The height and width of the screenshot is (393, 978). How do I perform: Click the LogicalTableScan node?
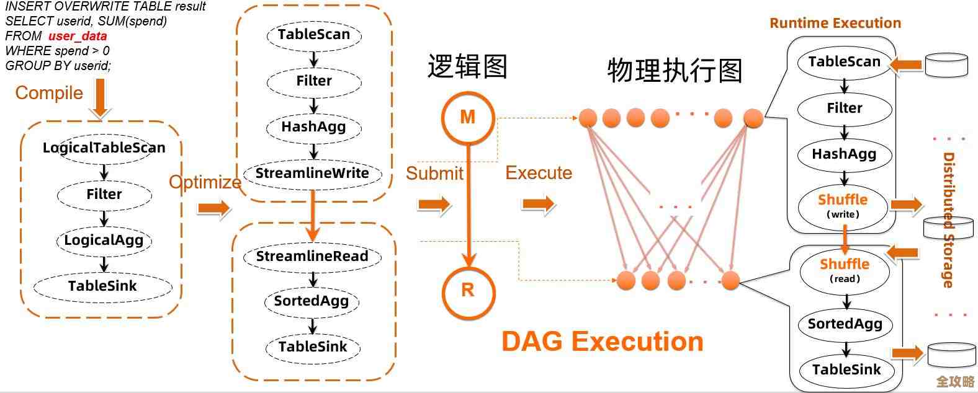(x=104, y=148)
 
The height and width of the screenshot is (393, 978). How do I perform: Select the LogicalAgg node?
(x=104, y=240)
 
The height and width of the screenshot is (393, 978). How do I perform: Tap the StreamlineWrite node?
(x=312, y=173)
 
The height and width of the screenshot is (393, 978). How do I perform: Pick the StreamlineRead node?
(x=312, y=256)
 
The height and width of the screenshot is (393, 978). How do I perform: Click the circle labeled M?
(x=468, y=117)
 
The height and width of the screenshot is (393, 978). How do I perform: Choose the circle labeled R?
(x=468, y=289)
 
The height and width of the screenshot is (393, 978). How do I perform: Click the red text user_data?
(x=78, y=36)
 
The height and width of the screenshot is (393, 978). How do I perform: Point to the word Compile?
(x=49, y=93)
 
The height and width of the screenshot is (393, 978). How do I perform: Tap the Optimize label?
(x=205, y=182)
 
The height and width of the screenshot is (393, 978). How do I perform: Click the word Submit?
(x=434, y=173)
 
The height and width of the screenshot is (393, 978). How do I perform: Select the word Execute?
(x=539, y=173)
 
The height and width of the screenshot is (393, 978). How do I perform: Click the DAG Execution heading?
(x=602, y=342)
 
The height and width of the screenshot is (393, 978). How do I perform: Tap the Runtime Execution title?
(x=835, y=24)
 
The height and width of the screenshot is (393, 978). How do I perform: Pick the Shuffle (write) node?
(x=843, y=206)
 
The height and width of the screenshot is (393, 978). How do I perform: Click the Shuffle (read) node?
(x=845, y=270)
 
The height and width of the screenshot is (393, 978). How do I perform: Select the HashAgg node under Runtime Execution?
(x=844, y=154)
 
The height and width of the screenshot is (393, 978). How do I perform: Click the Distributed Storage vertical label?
(x=948, y=220)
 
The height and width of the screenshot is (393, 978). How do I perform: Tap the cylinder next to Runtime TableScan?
(x=946, y=64)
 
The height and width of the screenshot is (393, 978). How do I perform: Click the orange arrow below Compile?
(x=99, y=99)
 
